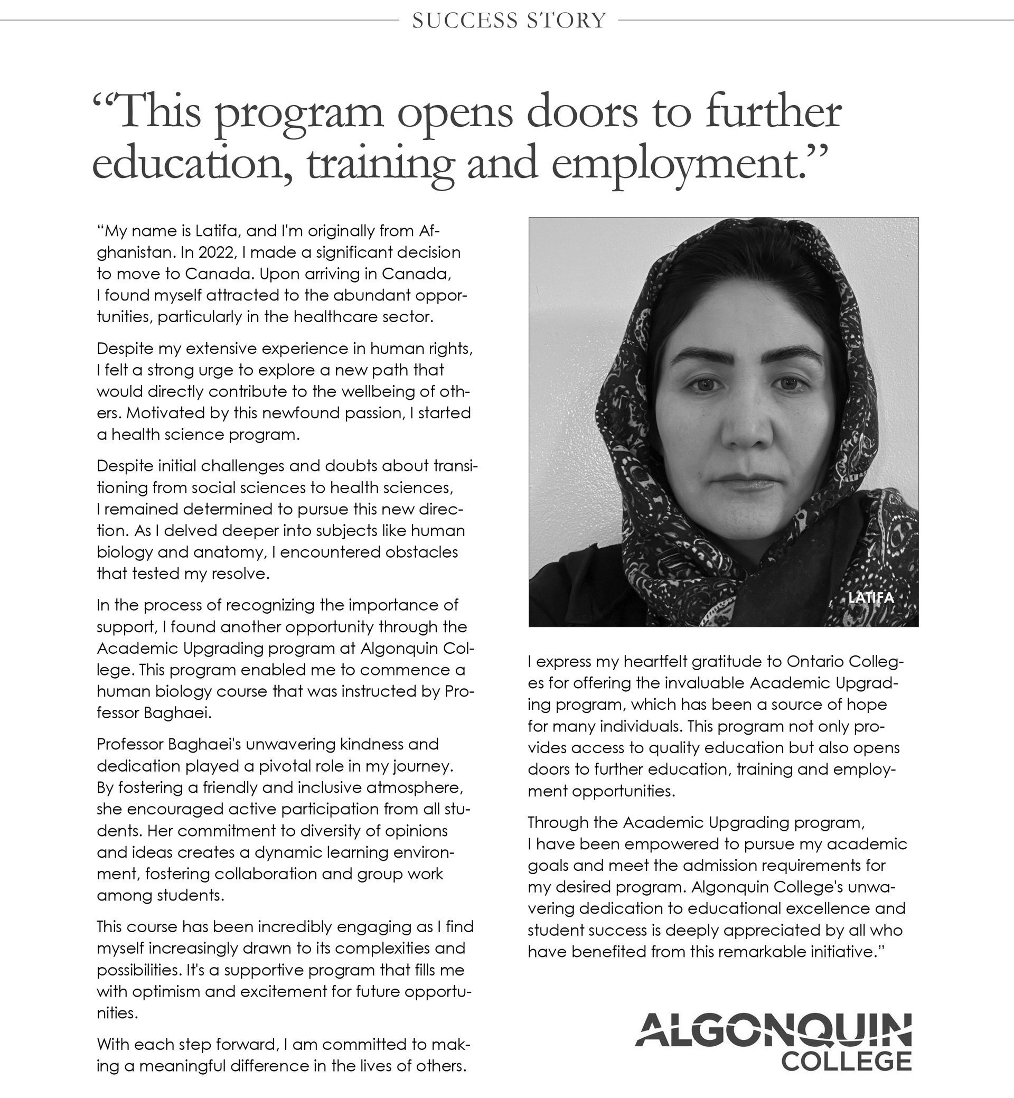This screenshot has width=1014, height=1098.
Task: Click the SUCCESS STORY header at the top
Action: pos(509,20)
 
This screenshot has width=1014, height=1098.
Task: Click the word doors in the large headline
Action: pos(581,112)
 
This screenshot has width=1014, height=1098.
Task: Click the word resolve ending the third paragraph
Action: pos(242,574)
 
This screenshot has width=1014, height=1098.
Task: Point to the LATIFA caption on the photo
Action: pos(871,597)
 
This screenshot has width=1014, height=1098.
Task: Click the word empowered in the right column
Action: pos(661,844)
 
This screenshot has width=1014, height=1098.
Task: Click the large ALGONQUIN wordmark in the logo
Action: pos(774,1029)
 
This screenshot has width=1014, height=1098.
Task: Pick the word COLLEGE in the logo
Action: pos(846,1061)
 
